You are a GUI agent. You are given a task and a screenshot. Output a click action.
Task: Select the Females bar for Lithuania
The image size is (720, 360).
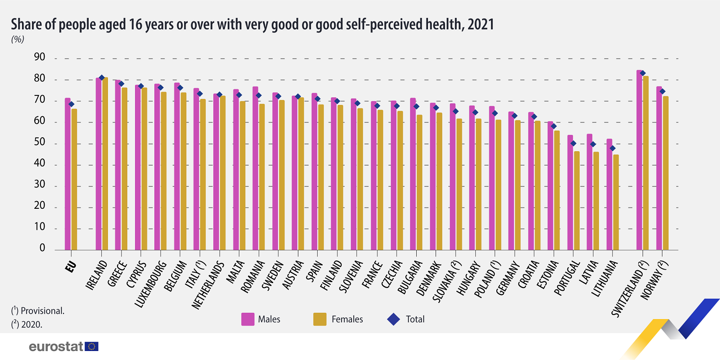pos(616,202)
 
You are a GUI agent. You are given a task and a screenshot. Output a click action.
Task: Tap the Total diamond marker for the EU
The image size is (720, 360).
pos(71,104)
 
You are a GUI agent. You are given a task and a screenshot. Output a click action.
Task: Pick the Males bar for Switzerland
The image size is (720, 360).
pos(639,160)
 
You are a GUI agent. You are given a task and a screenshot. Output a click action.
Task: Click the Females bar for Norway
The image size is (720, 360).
pos(666,173)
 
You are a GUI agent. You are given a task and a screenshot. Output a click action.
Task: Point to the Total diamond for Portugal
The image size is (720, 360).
pos(573,144)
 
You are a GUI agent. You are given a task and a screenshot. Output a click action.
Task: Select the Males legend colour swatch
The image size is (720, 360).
pos(248,319)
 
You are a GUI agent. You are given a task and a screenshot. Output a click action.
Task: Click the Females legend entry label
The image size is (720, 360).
pos(347,319)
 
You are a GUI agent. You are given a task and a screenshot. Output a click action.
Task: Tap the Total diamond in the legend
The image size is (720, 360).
pos(394,319)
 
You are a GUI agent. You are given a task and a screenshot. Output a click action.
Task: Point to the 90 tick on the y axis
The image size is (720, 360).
pos(40,57)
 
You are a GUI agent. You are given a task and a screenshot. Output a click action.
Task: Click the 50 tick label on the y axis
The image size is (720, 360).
pos(40,142)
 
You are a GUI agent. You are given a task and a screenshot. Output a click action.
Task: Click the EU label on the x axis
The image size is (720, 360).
pos(70,267)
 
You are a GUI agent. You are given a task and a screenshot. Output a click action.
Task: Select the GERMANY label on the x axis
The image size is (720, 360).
pos(508,278)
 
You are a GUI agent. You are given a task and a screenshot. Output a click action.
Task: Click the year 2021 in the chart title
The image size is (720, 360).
pos(481,24)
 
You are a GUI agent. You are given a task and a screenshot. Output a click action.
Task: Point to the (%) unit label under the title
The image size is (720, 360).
pos(18,39)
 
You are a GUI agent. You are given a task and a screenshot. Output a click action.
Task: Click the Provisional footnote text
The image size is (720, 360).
pos(42,311)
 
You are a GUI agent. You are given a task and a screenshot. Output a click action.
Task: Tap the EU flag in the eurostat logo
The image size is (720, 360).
pos(91,346)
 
